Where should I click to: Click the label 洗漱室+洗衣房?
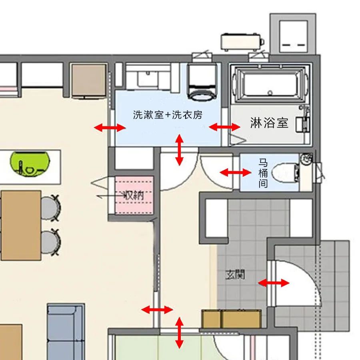pos(168,115)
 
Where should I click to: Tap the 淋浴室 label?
pos(269,123)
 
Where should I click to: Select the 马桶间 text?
pos(263,173)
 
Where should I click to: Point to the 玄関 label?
pos(235,274)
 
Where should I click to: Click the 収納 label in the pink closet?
pos(134,196)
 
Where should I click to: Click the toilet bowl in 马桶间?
pos(285,173)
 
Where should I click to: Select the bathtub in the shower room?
pos(270,84)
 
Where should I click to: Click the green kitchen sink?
pos(30,164)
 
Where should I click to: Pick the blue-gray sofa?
pos(66,332)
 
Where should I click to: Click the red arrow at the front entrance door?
pos(274,283)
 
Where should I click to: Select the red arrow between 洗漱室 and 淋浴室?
pos(224,127)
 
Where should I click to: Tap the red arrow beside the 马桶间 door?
pos(235,172)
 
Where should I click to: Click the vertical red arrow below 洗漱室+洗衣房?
pos(179,150)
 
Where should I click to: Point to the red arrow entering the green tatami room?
pos(179,333)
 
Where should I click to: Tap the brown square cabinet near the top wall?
pos(89,80)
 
